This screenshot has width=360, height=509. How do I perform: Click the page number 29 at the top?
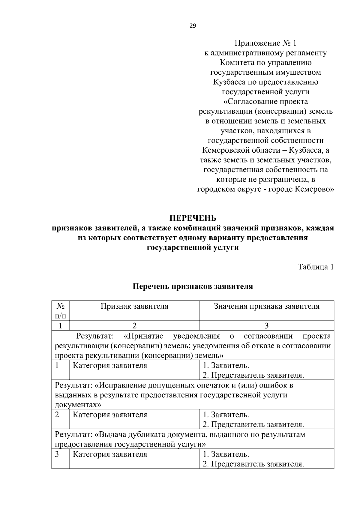[x=193, y=26]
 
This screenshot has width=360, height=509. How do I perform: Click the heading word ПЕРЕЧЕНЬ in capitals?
[x=193, y=218]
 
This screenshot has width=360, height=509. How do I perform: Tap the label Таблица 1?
[x=316, y=267]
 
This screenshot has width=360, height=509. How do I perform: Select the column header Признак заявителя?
[x=134, y=306]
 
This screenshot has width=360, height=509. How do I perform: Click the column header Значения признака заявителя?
[x=266, y=306]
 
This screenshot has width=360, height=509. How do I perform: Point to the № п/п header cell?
[x=60, y=311]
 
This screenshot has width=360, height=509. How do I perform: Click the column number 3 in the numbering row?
[x=266, y=325]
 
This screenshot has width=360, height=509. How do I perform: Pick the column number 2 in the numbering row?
[x=134, y=325]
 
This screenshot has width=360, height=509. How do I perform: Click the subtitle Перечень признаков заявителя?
[x=193, y=286]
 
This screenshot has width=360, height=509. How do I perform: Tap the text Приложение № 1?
[x=265, y=43]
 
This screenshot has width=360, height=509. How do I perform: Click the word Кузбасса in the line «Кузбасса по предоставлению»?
[x=227, y=82]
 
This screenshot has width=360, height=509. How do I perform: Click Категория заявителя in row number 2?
[x=110, y=415]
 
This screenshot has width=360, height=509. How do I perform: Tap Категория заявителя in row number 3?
[x=110, y=454]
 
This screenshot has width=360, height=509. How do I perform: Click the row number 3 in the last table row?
[x=57, y=454]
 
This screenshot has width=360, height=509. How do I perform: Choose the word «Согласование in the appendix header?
[x=253, y=101]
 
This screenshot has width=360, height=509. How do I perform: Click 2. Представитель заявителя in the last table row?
[x=253, y=464]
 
